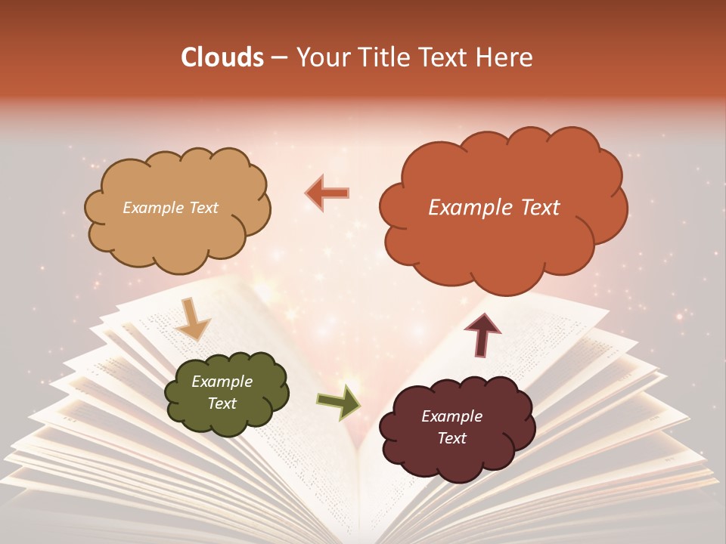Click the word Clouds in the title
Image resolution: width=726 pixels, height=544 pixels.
tap(222, 58)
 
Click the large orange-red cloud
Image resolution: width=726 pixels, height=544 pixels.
tap(503, 208)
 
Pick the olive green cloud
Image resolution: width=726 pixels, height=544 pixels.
tap(225, 392)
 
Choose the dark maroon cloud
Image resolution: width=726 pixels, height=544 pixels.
tap(456, 427)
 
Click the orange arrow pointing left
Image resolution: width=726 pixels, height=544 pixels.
tap(327, 193)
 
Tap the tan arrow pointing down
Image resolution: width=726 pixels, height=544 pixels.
tap(192, 318)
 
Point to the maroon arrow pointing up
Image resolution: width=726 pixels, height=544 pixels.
tap(483, 333)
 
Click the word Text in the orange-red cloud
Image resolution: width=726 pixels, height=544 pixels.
tap(535, 208)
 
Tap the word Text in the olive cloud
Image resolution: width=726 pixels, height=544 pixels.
tap(222, 403)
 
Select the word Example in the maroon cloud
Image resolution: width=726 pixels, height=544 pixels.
tap(451, 416)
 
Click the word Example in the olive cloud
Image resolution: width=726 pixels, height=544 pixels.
tap(222, 382)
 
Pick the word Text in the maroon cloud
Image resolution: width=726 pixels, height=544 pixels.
tap(451, 438)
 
